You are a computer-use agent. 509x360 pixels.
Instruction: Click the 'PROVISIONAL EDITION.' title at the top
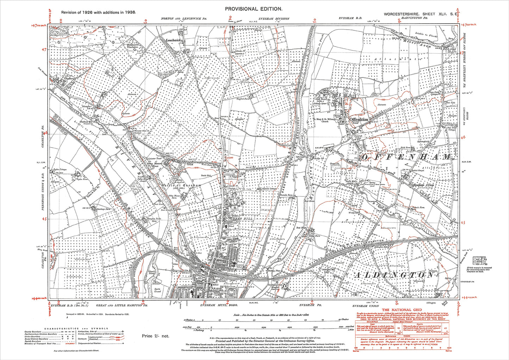pos(254,9)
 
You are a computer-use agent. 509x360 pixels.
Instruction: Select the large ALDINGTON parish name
pos(393,275)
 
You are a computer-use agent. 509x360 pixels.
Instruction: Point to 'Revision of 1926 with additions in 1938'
pos(98,12)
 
